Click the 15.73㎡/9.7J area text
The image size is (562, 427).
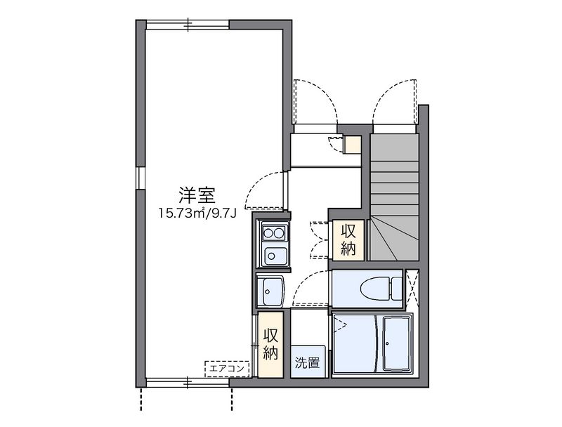click(196, 212)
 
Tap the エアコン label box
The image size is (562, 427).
click(227, 367)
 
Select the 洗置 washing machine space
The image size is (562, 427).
click(307, 362)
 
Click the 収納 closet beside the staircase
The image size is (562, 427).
click(348, 239)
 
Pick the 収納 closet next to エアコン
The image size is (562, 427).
click(270, 344)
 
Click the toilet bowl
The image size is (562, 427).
click(373, 287)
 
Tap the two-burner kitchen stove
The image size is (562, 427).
click(273, 232)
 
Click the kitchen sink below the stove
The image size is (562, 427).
click(273, 256)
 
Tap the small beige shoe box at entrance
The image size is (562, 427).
click(351, 144)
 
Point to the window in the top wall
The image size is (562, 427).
click(188, 24)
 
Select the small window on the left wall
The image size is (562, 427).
click(140, 178)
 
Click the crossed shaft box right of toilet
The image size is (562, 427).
click(413, 288)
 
